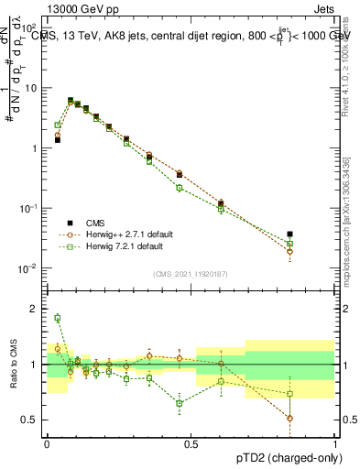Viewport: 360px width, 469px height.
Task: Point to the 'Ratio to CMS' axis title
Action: [x=16, y=363]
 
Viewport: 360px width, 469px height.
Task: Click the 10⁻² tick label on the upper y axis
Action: [x=30, y=268]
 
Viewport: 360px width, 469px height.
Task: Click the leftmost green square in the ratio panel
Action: [x=58, y=318]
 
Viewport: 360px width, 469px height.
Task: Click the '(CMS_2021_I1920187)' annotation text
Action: [x=191, y=275]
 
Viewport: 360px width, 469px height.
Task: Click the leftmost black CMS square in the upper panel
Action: [x=58, y=140]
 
